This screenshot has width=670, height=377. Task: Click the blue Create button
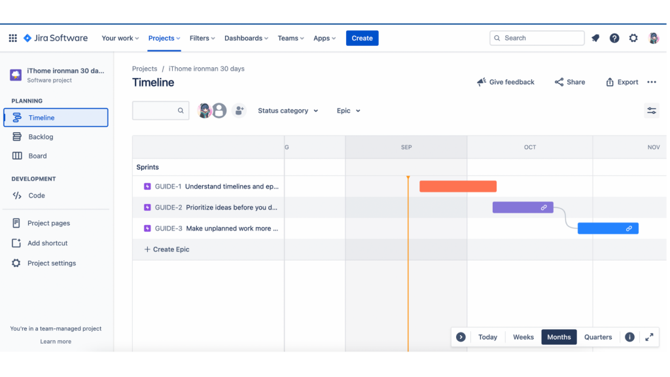[362, 38]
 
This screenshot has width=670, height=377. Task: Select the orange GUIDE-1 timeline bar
[457, 187]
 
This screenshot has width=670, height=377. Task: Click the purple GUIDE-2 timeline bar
[522, 207]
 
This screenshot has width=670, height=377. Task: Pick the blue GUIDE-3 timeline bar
[607, 228]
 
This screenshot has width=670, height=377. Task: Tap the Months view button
[559, 337]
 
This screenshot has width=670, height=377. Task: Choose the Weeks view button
[523, 337]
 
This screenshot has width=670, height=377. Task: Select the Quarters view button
[598, 337]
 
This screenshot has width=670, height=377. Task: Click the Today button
[487, 337]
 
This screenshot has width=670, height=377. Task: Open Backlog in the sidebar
[41, 137]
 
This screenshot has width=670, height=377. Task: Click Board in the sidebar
[37, 156]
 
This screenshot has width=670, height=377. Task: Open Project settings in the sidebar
[51, 263]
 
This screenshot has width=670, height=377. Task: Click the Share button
[570, 82]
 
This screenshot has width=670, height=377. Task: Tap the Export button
[622, 82]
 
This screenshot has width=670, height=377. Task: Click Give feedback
[506, 82]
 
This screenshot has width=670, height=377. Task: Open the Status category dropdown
[288, 111]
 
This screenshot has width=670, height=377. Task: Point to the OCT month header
[530, 147]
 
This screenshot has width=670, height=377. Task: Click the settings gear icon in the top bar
[633, 38]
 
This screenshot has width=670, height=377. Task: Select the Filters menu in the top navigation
[202, 38]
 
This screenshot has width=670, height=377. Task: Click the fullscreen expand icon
[649, 337]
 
